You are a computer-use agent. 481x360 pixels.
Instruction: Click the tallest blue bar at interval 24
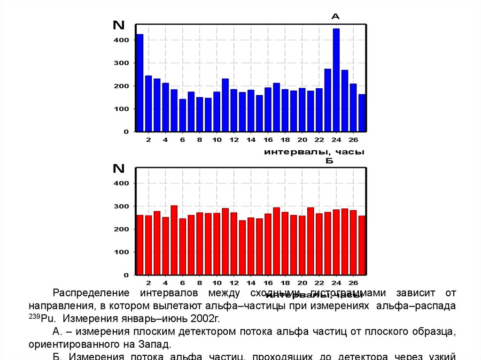(336, 80)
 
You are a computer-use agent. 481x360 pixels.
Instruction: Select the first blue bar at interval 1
(140, 83)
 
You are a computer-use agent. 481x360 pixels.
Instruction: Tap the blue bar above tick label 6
(182, 115)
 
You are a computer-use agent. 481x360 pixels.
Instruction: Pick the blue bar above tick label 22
(319, 110)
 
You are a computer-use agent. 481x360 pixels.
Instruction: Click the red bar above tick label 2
(148, 245)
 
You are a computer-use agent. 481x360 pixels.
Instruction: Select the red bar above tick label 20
(302, 245)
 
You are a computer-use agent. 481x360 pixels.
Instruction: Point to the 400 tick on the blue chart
(121, 40)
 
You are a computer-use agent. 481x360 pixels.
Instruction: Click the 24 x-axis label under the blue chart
(336, 140)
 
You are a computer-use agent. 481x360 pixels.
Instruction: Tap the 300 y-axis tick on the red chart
(121, 207)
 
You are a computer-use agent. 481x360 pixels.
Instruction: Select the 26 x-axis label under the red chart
(353, 283)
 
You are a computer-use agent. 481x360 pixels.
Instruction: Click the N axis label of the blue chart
(118, 25)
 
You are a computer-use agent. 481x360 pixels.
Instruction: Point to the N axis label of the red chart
(118, 169)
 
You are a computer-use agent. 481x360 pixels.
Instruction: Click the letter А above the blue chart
(335, 16)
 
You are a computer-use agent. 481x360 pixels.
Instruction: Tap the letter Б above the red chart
(329, 161)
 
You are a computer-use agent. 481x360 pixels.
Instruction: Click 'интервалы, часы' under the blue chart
(314, 152)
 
